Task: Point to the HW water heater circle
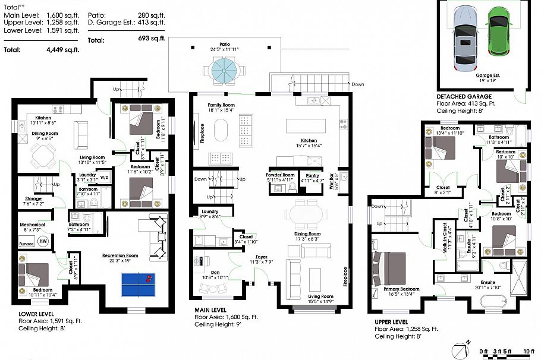click(43, 241)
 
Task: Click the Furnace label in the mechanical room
click(26, 244)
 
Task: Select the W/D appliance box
click(103, 177)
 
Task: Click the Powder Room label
click(280, 175)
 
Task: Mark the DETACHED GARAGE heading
click(464, 96)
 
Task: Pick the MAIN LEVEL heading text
click(212, 310)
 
